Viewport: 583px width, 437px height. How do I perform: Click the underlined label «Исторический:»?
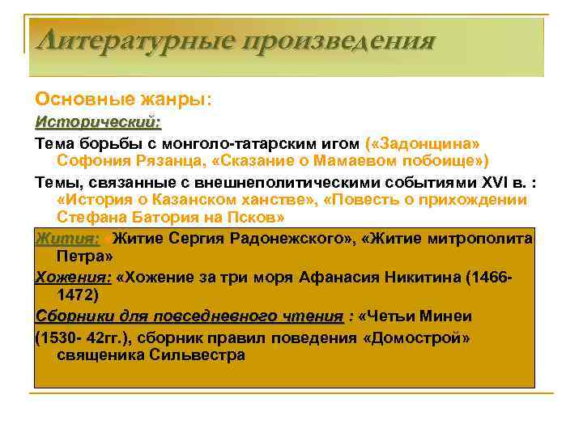(x=98, y=122)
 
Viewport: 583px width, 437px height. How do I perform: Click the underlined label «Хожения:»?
(x=74, y=278)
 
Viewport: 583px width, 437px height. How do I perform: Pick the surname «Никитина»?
(x=425, y=278)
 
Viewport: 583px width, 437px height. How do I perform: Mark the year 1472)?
(x=83, y=296)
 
